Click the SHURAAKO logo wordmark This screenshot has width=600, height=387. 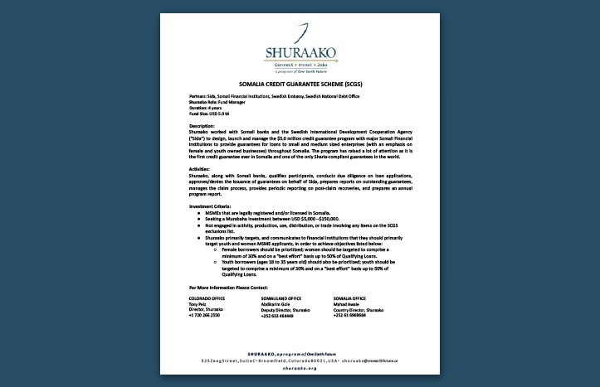(x=300, y=52)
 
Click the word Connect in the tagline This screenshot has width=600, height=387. (x=279, y=63)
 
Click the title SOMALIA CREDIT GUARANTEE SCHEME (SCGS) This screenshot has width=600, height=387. (x=300, y=84)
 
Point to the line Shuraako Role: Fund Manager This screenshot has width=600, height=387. (x=217, y=103)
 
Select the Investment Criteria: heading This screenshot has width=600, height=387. (x=214, y=206)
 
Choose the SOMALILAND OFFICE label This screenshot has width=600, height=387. (x=281, y=297)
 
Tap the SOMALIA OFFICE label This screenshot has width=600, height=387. (x=349, y=297)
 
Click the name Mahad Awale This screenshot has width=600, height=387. (x=345, y=303)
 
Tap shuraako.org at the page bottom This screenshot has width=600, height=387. (x=300, y=370)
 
